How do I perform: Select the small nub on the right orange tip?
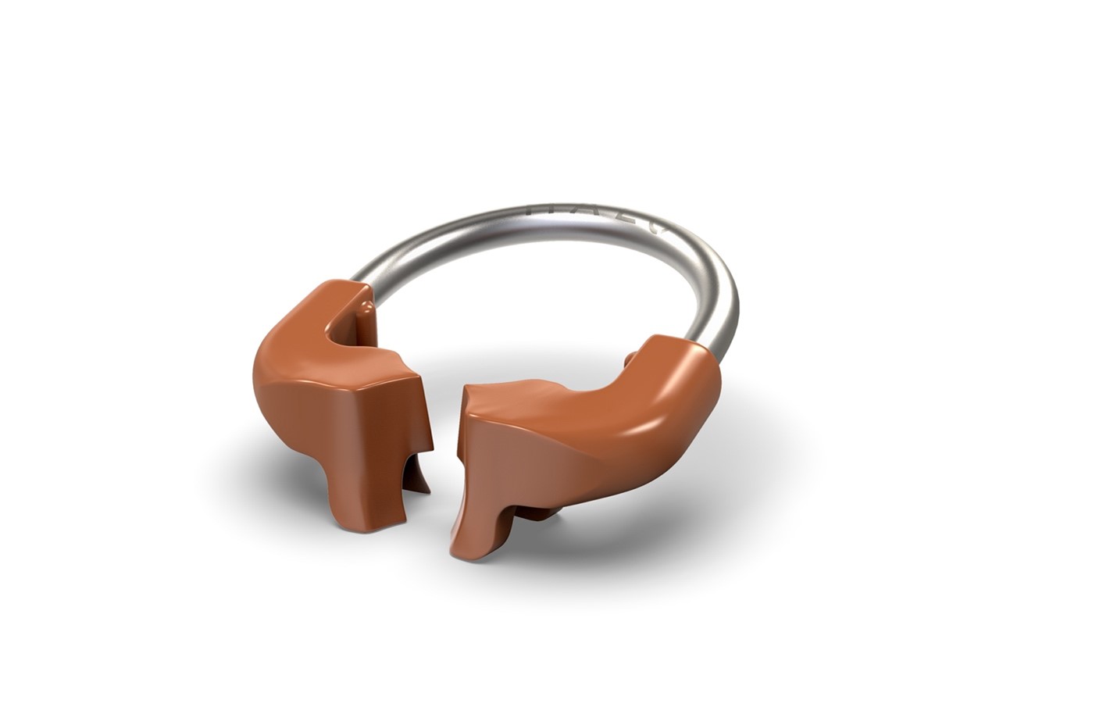coord(630,359)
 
